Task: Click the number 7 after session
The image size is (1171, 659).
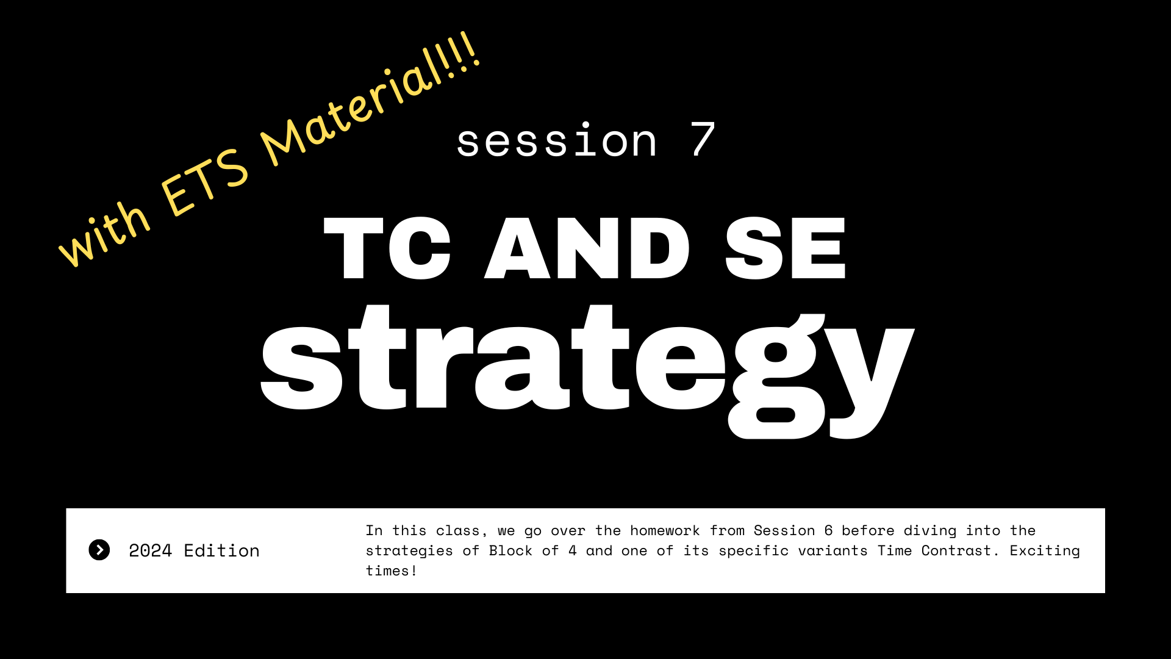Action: (x=703, y=139)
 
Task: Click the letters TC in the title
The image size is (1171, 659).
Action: (x=387, y=248)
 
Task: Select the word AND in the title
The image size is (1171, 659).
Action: (x=587, y=248)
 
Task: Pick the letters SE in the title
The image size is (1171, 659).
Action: (x=786, y=248)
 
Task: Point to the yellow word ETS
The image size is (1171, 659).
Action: (x=204, y=182)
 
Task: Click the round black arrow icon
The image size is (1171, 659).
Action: (x=99, y=550)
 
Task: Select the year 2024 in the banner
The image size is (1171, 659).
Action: (x=151, y=550)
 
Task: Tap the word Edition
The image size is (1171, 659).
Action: (x=222, y=550)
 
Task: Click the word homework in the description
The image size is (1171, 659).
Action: (x=665, y=530)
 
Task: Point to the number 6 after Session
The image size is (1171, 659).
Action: (x=828, y=530)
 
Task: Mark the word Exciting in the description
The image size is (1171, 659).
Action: (x=1045, y=551)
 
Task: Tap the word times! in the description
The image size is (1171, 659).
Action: (x=392, y=571)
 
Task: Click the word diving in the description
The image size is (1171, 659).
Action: (x=930, y=531)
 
